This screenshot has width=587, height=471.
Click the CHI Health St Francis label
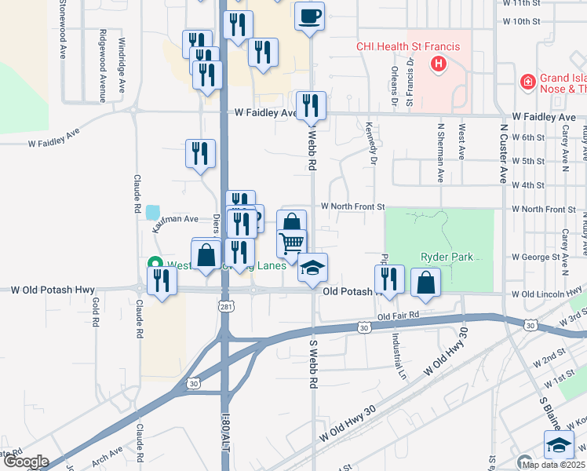coord(408,46)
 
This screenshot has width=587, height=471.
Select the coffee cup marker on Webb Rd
coord(310,16)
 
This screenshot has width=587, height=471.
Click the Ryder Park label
coord(443,256)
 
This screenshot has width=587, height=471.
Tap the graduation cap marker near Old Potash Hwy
coord(313,268)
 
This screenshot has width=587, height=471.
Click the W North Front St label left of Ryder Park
coord(353,206)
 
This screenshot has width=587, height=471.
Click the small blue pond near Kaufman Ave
coord(153,212)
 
